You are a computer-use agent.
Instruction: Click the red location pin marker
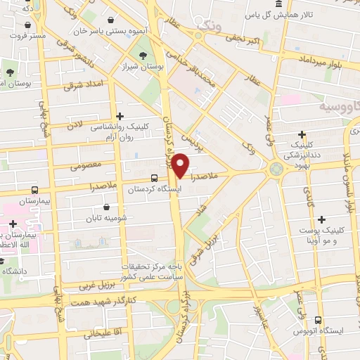tap(181, 165)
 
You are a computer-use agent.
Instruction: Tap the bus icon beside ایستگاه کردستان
tap(154, 178)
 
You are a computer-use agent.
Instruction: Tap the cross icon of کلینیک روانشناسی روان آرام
tap(120, 116)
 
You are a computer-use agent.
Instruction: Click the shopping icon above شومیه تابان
tap(106, 207)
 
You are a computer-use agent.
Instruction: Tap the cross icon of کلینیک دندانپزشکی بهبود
tap(302, 134)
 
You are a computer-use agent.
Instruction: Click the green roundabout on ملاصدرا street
tap(275, 168)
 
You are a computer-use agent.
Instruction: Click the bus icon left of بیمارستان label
tap(36, 190)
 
